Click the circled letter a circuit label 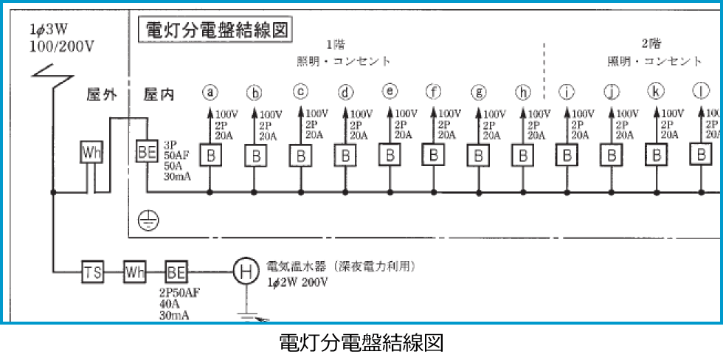[210, 93]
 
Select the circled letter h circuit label [522, 93]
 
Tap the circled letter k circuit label [655, 91]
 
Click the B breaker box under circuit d [345, 156]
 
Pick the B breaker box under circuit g [478, 156]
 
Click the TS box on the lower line [92, 271]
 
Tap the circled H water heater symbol [244, 271]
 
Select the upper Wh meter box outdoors [92, 153]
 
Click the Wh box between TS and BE [134, 271]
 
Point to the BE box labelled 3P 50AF [147, 153]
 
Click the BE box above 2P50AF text [176, 271]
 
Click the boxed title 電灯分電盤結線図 [215, 30]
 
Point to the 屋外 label [102, 96]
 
